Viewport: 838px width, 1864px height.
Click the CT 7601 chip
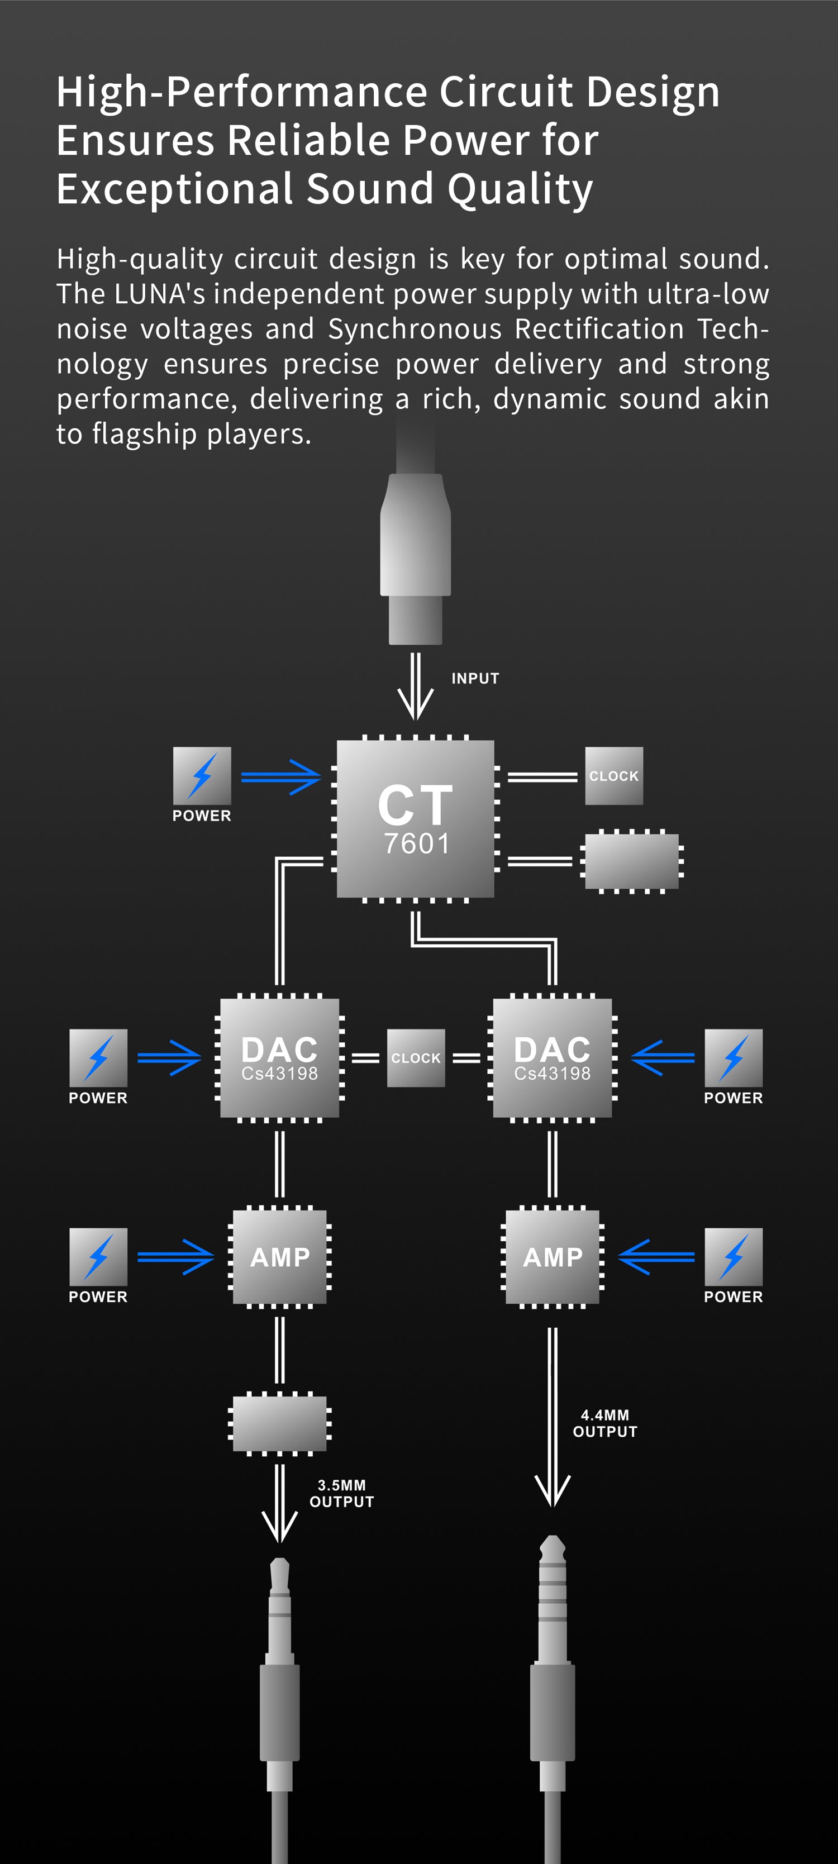tap(416, 818)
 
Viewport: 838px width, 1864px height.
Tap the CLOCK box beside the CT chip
tap(613, 776)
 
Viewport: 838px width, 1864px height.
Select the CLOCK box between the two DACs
tap(416, 1058)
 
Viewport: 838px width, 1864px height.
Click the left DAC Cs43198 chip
tap(279, 1058)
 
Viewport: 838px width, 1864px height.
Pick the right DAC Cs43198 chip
tap(552, 1058)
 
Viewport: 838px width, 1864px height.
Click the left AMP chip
tap(279, 1257)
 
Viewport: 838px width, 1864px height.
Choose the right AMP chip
tap(552, 1257)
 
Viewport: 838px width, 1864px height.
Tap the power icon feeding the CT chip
tap(202, 776)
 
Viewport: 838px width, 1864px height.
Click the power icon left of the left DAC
tap(98, 1058)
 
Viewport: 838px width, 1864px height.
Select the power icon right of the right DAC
tap(733, 1058)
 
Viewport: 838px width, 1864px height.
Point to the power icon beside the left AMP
tap(98, 1257)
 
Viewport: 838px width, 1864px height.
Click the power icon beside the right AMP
tap(733, 1257)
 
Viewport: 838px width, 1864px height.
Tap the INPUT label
tap(475, 679)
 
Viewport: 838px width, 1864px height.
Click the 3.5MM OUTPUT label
tap(341, 1494)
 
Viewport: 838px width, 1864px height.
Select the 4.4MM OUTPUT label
tap(605, 1423)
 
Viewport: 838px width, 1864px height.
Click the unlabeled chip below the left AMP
tap(279, 1423)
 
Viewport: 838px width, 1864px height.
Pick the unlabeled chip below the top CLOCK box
tap(632, 861)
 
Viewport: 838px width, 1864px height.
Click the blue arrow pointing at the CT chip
tap(281, 777)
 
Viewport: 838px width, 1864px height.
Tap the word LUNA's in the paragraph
tap(160, 294)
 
